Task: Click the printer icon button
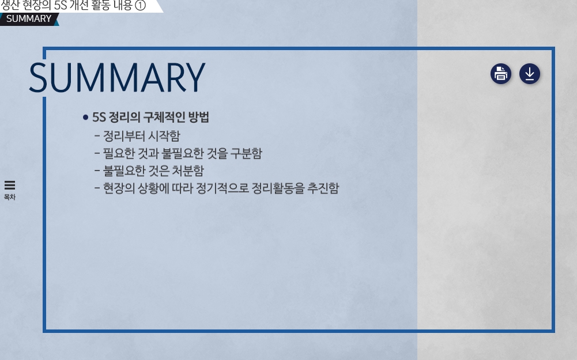tap(501, 74)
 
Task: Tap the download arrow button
tap(530, 74)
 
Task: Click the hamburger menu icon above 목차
tap(10, 185)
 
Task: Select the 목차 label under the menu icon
tap(10, 197)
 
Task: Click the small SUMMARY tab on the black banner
tap(29, 19)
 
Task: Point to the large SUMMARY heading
tap(117, 78)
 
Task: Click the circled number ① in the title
tap(140, 6)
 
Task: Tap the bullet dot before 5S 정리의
tap(86, 118)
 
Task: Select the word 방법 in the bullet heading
tap(199, 118)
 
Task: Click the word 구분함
tap(246, 153)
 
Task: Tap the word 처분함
tap(188, 170)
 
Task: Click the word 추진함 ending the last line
tap(323, 188)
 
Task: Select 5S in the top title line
tap(60, 6)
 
